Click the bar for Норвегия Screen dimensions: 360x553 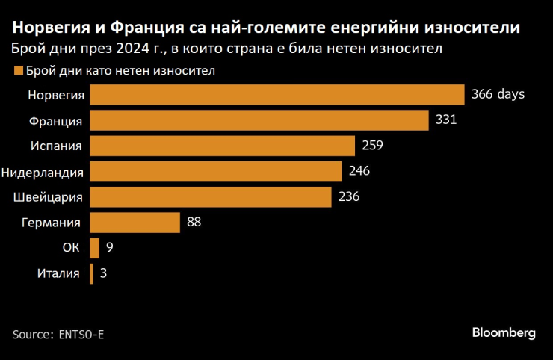click(277, 95)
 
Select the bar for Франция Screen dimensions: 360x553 click(259, 120)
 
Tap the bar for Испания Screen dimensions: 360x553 click(222, 146)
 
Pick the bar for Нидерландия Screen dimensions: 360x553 click(216, 171)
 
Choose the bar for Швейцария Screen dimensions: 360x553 click(211, 196)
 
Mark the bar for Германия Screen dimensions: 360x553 click(135, 222)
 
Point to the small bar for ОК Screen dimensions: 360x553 click(94, 247)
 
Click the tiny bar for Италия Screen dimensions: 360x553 click(91, 273)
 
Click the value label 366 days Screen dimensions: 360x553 click(498, 95)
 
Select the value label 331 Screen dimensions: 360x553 click(445, 120)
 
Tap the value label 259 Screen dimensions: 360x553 click(372, 146)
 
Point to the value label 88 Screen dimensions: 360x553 click(194, 222)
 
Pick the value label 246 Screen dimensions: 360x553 click(359, 171)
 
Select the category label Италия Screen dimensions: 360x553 click(58, 273)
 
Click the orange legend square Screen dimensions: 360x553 click(18, 72)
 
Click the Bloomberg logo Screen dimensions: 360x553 click(503, 333)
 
